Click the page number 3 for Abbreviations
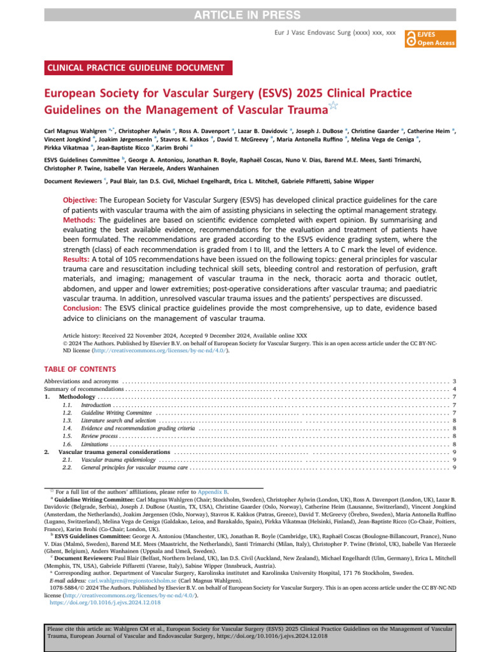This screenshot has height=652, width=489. [x=453, y=381]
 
